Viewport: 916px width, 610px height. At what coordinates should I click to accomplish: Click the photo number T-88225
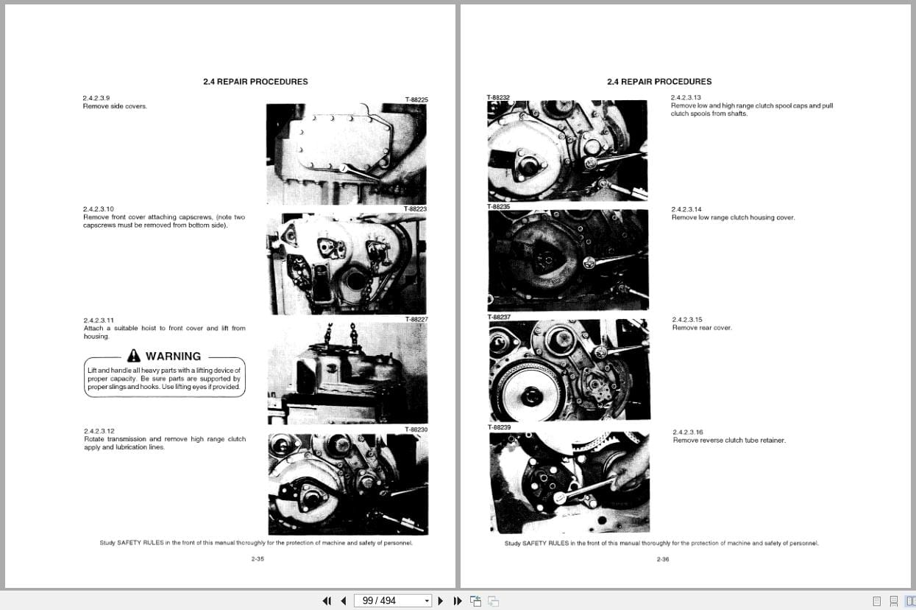pyautogui.click(x=416, y=99)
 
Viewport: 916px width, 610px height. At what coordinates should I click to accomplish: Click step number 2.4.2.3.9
pyautogui.click(x=96, y=98)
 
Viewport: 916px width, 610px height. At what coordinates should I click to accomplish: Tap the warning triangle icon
pyautogui.click(x=133, y=356)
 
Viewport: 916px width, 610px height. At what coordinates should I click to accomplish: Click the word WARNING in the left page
pyautogui.click(x=173, y=357)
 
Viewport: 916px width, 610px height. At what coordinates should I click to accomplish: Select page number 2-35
pyautogui.click(x=257, y=559)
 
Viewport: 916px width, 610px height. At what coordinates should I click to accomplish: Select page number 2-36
pyautogui.click(x=662, y=559)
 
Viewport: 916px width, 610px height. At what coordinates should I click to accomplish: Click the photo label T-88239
pyautogui.click(x=499, y=427)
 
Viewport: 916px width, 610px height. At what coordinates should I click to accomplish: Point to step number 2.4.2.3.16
pyautogui.click(x=687, y=432)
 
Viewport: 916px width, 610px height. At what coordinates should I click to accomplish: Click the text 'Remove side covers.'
pyautogui.click(x=115, y=106)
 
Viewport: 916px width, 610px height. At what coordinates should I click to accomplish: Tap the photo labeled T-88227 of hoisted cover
pyautogui.click(x=347, y=374)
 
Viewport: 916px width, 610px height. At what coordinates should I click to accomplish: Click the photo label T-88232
pyautogui.click(x=498, y=97)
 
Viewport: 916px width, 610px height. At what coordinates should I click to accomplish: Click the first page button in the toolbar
pyautogui.click(x=327, y=600)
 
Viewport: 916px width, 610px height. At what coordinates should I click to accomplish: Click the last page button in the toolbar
pyautogui.click(x=457, y=600)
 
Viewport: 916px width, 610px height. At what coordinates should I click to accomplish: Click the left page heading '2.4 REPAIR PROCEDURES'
pyautogui.click(x=255, y=82)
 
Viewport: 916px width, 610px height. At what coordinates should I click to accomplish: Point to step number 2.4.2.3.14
pyautogui.click(x=686, y=209)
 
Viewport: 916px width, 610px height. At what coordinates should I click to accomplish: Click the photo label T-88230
pyautogui.click(x=416, y=430)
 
